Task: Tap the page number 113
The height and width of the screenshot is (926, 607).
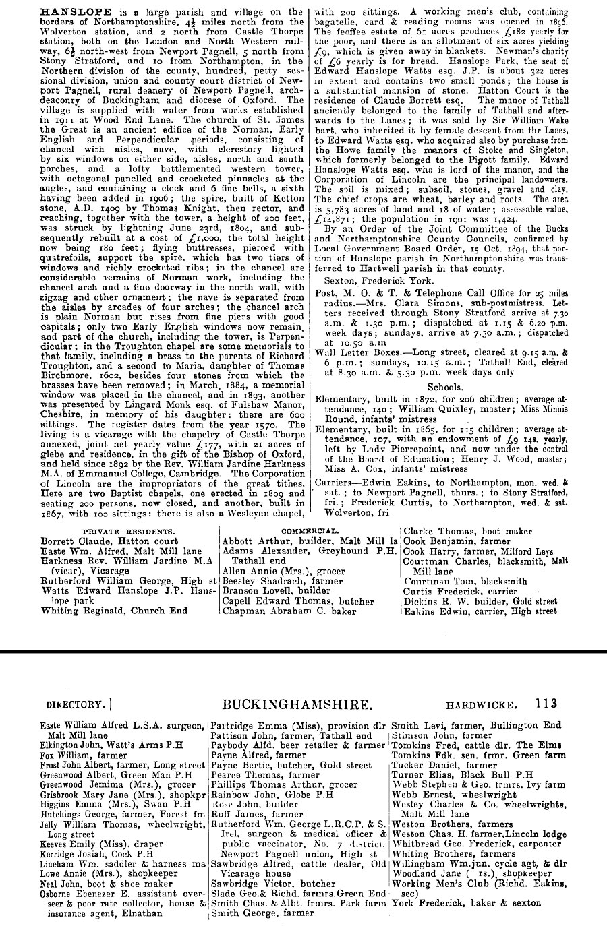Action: pos(547,704)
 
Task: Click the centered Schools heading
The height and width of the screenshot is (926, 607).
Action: pos(445,387)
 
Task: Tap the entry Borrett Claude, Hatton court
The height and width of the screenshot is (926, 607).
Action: pos(109,541)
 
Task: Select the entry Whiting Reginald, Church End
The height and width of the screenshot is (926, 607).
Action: pos(114,611)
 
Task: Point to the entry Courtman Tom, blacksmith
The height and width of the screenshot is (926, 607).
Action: pos(465,581)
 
